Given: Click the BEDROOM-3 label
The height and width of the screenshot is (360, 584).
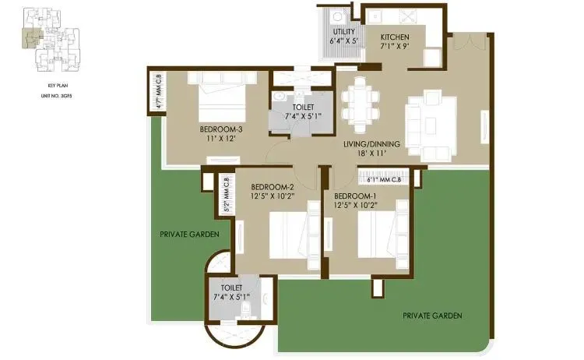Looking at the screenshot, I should tap(220, 129).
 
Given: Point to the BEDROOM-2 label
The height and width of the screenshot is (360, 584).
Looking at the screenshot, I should tap(272, 187).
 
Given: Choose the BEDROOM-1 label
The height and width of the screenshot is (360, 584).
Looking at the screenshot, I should tap(356, 195).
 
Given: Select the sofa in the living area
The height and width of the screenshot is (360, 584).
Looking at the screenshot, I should tap(428, 117).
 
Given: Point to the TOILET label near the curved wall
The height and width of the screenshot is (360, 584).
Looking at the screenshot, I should tap(231, 288).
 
